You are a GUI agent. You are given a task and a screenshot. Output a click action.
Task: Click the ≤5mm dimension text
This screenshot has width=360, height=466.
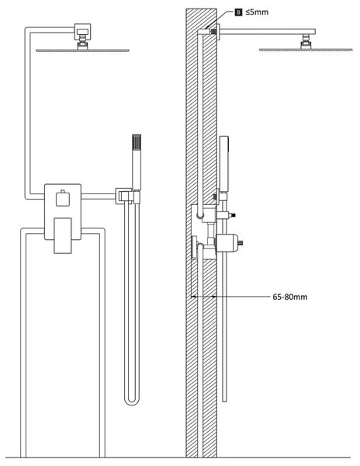coord(257,12)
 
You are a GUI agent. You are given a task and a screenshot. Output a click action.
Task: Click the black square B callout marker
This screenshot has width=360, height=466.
coord(238,12)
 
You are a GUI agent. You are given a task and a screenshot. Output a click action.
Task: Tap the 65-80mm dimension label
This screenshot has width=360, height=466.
coord(289,297)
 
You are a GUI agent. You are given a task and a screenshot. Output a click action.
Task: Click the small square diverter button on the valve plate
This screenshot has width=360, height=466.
coord(63,199)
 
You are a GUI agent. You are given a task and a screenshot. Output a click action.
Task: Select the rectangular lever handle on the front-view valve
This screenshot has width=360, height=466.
coord(63,235)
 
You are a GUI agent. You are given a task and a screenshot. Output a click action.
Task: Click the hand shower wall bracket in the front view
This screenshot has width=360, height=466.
coord(127,196)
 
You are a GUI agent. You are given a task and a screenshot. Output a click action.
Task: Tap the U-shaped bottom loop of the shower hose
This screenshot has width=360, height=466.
coord(132,402)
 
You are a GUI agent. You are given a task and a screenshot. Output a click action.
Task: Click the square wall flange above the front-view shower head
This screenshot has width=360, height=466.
coord(82,30)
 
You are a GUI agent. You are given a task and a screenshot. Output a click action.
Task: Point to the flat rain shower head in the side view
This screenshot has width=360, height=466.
coord(306,50)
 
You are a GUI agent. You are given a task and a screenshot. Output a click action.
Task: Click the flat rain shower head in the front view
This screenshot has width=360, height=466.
coord(82,50)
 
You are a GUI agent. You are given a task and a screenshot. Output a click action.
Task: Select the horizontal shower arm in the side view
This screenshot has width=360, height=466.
coord(267,32)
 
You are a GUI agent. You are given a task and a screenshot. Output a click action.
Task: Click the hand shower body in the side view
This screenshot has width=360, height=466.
coord(224,163)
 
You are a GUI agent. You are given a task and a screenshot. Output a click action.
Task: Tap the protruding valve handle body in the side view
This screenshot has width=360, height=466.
coord(228,243)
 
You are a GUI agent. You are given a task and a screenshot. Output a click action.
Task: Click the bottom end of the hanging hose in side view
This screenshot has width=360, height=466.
coord(225,401)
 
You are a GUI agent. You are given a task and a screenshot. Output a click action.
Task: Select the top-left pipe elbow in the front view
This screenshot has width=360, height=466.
coord(28,30)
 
